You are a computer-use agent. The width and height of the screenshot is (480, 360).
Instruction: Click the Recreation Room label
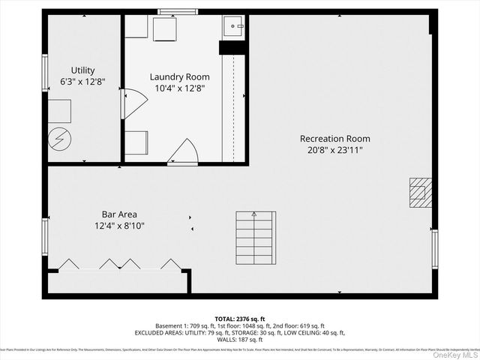click(334, 139)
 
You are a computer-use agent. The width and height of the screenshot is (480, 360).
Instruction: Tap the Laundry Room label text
click(179, 77)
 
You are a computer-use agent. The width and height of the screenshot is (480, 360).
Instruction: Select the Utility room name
click(83, 70)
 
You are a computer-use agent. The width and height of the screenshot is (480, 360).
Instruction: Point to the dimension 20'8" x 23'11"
click(334, 150)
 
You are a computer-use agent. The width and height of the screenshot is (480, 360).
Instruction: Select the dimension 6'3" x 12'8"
click(82, 82)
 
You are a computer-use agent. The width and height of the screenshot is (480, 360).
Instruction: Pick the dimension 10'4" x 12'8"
click(179, 88)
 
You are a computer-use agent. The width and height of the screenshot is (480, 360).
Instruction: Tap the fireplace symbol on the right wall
click(420, 191)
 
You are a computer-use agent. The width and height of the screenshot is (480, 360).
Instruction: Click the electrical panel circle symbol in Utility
click(58, 139)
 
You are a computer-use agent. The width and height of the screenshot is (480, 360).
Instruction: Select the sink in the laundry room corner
click(235, 27)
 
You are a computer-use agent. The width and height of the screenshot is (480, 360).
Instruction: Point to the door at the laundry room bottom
click(184, 152)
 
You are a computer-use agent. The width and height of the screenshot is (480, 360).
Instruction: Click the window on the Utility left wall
click(45, 73)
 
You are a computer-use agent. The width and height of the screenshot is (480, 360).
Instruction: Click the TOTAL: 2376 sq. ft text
click(239, 319)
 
